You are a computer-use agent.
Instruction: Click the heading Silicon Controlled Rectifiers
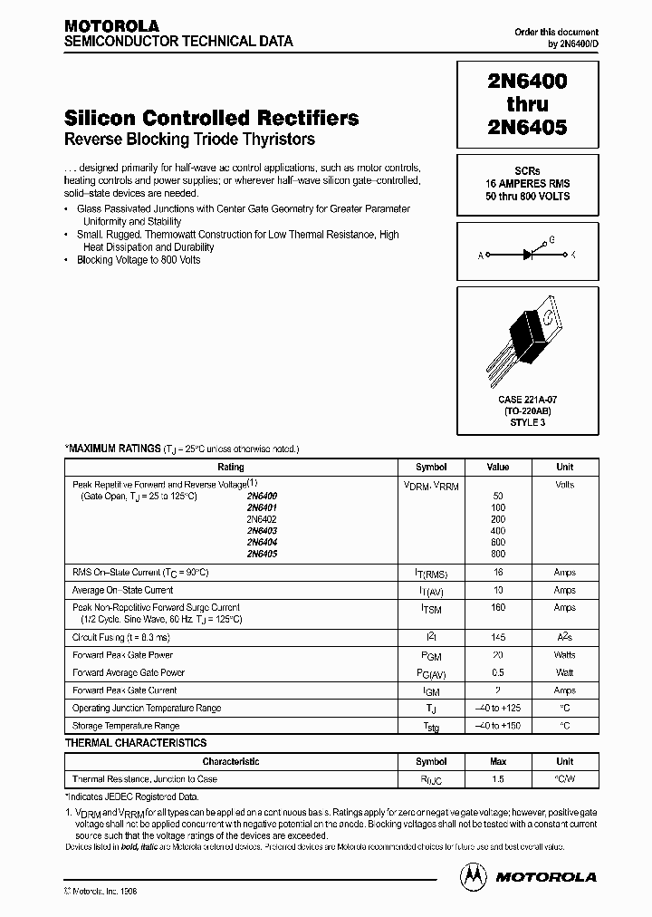[x=211, y=119]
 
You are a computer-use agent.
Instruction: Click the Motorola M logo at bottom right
[x=472, y=876]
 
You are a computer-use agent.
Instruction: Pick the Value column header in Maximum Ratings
[x=497, y=468]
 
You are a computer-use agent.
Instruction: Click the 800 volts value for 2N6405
[x=497, y=554]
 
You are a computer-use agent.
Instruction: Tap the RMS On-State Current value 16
[x=497, y=574]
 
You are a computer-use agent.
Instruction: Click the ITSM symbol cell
[x=430, y=609]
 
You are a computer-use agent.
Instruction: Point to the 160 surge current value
[x=497, y=608]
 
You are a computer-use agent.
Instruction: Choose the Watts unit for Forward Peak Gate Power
[x=564, y=655]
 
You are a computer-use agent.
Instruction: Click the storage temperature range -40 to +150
[x=497, y=727]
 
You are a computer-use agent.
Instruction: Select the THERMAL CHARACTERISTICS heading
[x=136, y=743]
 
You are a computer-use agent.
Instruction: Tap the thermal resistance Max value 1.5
[x=497, y=779]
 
